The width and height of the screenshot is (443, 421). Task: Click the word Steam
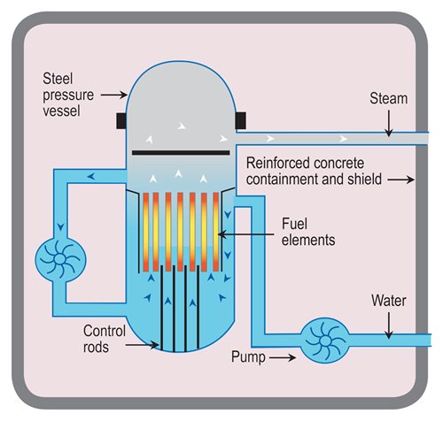[x=388, y=98]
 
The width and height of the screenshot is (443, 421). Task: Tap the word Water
[x=389, y=301]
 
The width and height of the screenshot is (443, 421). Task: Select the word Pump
[x=248, y=357]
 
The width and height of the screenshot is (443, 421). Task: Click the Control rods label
[x=105, y=339]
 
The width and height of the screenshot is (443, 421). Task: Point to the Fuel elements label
[x=308, y=232]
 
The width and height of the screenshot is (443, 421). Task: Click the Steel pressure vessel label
[x=68, y=95]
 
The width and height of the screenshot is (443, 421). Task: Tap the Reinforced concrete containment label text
[x=314, y=172]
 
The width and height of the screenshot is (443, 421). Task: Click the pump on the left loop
[x=60, y=259]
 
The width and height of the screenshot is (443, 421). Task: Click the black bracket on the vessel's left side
[x=121, y=121]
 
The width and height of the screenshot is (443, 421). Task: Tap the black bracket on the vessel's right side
[x=241, y=121]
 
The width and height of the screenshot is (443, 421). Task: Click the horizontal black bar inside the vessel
[x=181, y=153]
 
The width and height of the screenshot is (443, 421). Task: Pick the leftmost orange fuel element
[x=146, y=232]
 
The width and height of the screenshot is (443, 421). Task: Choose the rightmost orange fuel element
[x=216, y=232]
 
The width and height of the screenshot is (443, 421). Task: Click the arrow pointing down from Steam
[x=389, y=124]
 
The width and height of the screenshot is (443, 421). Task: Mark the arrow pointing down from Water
[x=389, y=325]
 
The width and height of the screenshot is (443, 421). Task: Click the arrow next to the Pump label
[x=283, y=358]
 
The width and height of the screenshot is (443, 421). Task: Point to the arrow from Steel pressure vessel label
[x=114, y=95]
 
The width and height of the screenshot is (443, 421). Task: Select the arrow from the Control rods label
[x=142, y=345]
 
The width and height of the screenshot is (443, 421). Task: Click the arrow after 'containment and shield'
[x=401, y=180]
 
